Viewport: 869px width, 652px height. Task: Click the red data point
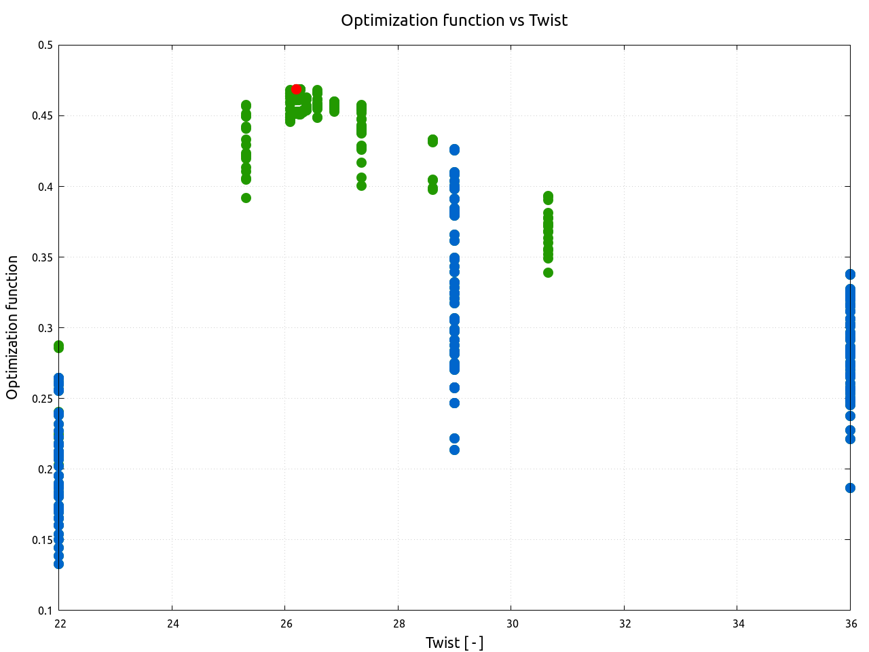296,89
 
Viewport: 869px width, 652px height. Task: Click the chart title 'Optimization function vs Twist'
454,20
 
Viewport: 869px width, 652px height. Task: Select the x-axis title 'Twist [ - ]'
454,642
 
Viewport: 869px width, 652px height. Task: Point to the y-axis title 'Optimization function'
12,327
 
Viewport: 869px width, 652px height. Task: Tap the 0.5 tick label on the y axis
45,46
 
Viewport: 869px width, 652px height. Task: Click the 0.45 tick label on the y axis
43,116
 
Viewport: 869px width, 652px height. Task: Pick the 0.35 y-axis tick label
43,257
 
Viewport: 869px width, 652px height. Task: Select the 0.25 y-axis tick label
43,399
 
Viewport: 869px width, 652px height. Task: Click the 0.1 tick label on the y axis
45,611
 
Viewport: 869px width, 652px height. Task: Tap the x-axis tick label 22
60,624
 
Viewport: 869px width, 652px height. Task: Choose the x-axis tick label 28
399,624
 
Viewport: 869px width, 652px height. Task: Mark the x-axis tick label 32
625,624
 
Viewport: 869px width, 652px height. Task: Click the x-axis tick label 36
850,624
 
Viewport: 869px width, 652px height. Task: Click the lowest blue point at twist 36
850,488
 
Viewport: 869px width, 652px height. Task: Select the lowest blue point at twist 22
58,564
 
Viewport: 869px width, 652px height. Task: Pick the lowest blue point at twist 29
454,450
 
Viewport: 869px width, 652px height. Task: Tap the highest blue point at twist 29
454,149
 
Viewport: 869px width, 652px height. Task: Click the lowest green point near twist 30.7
548,272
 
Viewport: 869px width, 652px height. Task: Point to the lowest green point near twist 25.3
246,198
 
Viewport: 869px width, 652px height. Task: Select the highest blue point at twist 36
850,274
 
